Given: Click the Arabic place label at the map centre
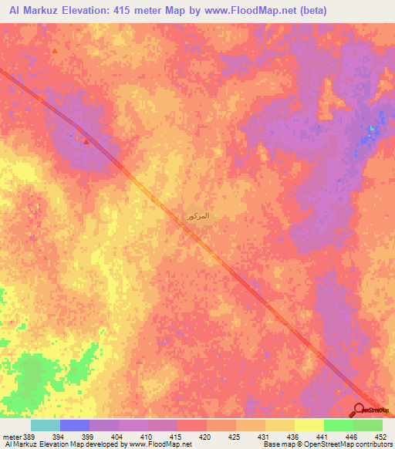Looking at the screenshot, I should point(197,217).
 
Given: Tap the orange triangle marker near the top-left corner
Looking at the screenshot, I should point(56,51).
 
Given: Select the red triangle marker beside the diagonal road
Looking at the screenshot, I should point(86,141).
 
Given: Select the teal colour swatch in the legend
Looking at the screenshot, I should point(45,425).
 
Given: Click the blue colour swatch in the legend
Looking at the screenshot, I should point(74,425).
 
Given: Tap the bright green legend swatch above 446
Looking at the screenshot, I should point(338,425).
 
